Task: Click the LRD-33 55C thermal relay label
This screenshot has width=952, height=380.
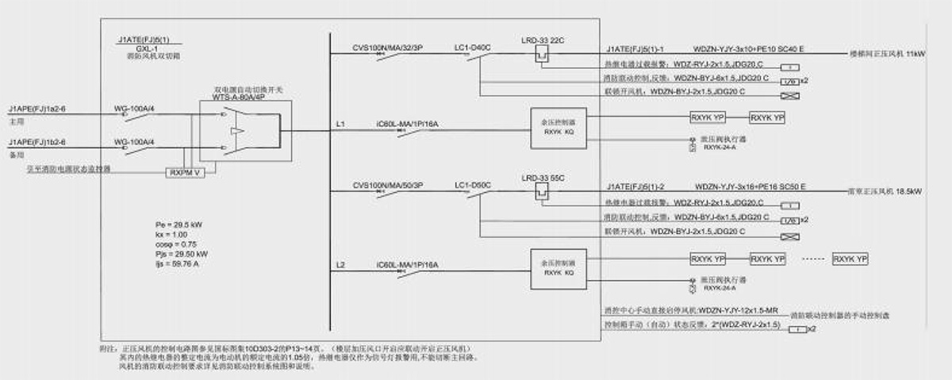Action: click(543, 176)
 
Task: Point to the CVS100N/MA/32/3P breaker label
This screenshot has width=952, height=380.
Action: click(387, 48)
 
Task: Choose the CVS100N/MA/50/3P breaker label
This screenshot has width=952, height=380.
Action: click(387, 186)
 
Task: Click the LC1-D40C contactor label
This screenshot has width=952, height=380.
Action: click(474, 48)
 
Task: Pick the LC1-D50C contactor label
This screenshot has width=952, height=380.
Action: click(474, 186)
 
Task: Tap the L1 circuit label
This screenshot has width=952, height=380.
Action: click(341, 125)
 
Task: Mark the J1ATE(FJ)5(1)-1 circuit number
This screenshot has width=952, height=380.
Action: click(635, 48)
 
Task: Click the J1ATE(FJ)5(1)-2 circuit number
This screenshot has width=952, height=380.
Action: click(635, 186)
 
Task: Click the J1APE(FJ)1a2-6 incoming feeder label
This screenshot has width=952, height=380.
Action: click(39, 106)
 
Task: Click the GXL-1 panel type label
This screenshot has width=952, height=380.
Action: click(139, 48)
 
